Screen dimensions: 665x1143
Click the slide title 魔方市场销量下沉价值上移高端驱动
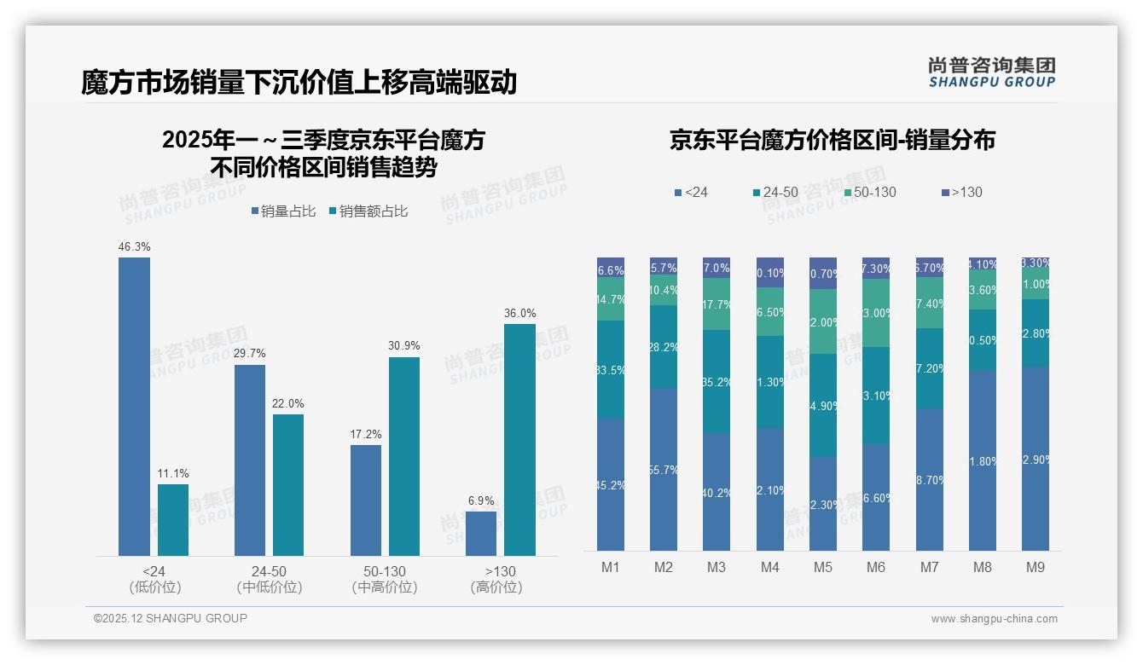(x=299, y=82)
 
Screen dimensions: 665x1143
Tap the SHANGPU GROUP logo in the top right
(x=991, y=72)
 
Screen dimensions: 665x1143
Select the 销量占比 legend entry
(x=283, y=211)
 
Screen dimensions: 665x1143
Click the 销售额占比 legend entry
(x=368, y=211)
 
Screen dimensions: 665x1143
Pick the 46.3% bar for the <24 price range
(x=134, y=407)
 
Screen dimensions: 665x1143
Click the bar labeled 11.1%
(x=173, y=520)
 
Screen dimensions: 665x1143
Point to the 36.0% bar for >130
(x=519, y=440)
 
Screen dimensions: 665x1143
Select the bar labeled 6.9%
(x=481, y=534)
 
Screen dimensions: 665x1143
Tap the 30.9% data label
(x=403, y=345)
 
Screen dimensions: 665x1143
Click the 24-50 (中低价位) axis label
(x=269, y=579)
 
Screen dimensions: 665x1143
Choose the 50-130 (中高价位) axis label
(x=384, y=579)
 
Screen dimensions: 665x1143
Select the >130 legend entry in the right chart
(x=961, y=193)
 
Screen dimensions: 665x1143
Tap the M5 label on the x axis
(x=822, y=567)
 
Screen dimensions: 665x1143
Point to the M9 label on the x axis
(x=1035, y=567)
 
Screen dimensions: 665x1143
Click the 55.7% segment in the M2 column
(x=664, y=470)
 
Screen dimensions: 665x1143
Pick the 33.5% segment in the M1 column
(x=611, y=369)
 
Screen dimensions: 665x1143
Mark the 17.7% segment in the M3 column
(x=717, y=304)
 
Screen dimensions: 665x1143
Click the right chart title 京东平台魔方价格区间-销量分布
(x=832, y=141)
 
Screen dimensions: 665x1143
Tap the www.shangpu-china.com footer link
(x=994, y=619)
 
